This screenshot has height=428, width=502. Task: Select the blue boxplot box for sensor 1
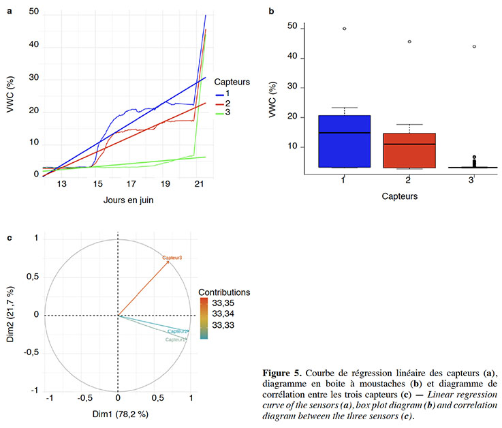click(344, 141)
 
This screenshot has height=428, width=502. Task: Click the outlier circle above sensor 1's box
click(345, 29)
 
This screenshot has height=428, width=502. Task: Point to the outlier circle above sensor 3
click(474, 46)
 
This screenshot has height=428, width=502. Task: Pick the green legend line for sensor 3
click(219, 112)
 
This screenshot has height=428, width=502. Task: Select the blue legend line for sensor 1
click(219, 93)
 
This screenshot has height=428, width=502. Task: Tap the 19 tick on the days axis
click(165, 184)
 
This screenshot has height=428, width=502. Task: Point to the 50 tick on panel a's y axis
click(33, 12)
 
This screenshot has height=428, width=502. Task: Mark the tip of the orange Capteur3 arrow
click(168, 262)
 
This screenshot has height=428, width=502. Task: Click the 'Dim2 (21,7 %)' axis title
click(10, 315)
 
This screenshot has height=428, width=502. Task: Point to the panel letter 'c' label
click(9, 238)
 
